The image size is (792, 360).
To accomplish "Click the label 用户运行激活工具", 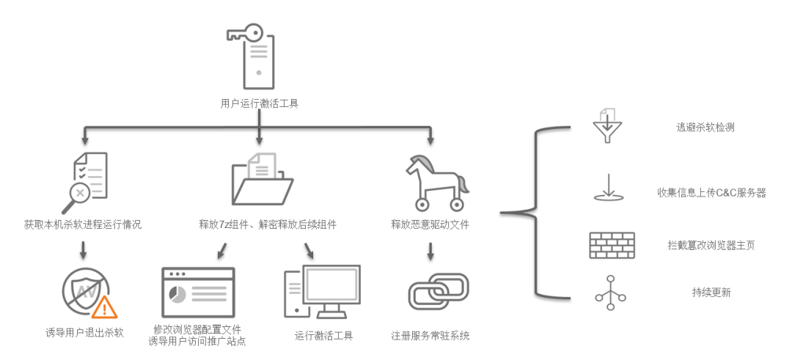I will pos(260,103).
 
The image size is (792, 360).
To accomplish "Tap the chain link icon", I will pos(438,292).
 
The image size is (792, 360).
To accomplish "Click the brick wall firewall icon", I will pos(612,245).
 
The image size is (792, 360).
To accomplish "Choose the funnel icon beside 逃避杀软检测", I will pos(606,127).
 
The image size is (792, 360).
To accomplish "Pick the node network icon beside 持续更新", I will pos(610,292).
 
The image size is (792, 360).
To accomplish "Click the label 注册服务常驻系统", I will pos(430,336).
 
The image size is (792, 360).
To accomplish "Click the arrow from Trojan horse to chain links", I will pos(430,249).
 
